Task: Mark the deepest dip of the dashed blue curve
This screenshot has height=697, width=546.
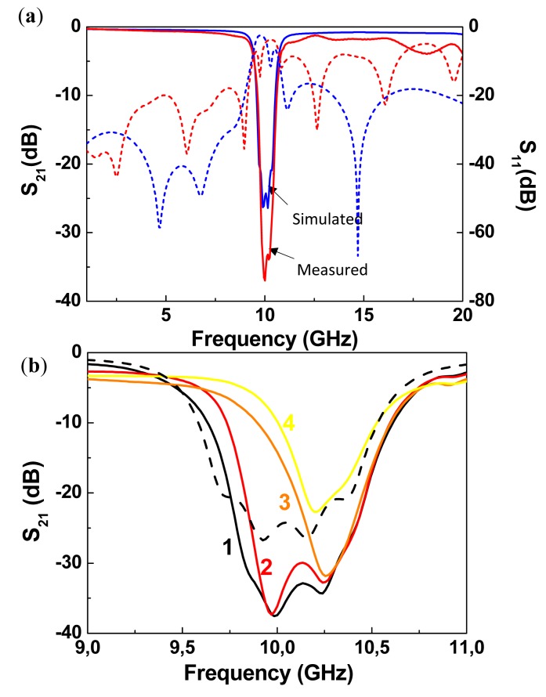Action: point(358,255)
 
